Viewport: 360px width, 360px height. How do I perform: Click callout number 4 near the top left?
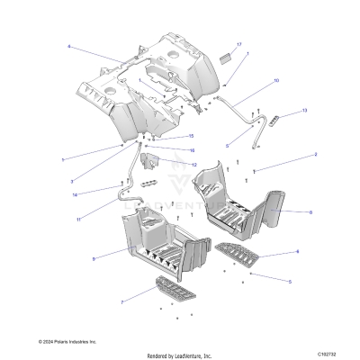(x=67, y=46)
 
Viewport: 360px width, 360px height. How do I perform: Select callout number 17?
(x=238, y=44)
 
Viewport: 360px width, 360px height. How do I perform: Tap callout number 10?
(x=276, y=81)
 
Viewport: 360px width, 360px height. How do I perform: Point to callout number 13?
(x=303, y=111)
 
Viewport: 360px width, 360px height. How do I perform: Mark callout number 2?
(x=290, y=155)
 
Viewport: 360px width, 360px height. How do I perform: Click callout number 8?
(x=310, y=211)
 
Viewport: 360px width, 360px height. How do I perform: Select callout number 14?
(x=75, y=194)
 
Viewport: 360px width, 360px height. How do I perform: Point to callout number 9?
(x=94, y=258)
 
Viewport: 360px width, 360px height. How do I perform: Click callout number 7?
(x=121, y=302)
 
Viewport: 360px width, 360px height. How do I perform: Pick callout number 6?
(x=297, y=252)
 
